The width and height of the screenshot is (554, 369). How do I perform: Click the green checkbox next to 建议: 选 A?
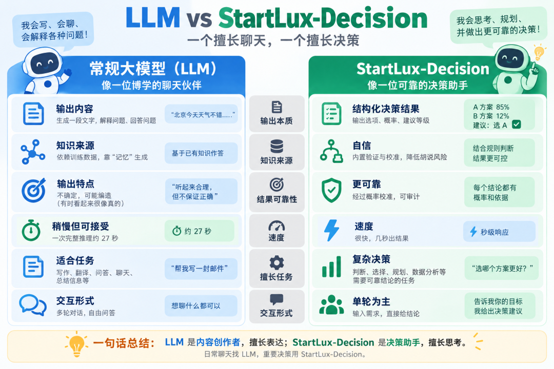coord(516,125)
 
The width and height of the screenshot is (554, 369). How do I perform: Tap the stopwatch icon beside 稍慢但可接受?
coord(31,230)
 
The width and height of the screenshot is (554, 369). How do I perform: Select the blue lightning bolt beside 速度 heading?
coord(331,230)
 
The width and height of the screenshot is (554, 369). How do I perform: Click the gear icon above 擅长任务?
coord(276,263)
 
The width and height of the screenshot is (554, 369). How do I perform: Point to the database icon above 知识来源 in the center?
coord(276,147)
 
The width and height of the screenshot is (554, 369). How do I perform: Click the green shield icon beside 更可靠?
coord(331,190)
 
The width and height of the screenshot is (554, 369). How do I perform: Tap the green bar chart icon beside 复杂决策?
coord(331,266)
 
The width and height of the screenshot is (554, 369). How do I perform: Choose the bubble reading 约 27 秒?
coord(199,231)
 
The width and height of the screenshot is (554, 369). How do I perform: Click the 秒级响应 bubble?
coord(499,232)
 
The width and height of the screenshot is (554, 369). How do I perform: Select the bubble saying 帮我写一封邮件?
coord(201,269)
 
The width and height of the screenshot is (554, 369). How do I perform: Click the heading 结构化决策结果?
coord(386,109)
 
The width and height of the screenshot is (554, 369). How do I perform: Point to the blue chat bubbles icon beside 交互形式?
coord(32,305)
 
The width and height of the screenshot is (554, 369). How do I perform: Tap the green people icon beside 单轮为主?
coord(331,305)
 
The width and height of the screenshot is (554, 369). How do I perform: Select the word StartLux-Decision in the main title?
coord(323,18)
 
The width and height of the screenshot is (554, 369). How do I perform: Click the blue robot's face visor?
coord(45,64)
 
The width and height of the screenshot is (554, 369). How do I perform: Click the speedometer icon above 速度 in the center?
coord(276,225)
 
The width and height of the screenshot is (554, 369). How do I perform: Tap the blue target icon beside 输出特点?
coord(33,190)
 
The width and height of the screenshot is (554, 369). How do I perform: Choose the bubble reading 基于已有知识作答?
coord(201,153)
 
